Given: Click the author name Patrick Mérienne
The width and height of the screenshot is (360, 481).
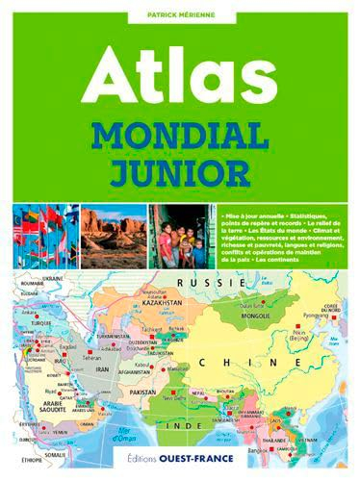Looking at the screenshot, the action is point(180,14).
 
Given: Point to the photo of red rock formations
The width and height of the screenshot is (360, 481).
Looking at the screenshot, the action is point(112,235).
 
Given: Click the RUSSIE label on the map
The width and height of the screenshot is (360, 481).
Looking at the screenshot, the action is point(197,284).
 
